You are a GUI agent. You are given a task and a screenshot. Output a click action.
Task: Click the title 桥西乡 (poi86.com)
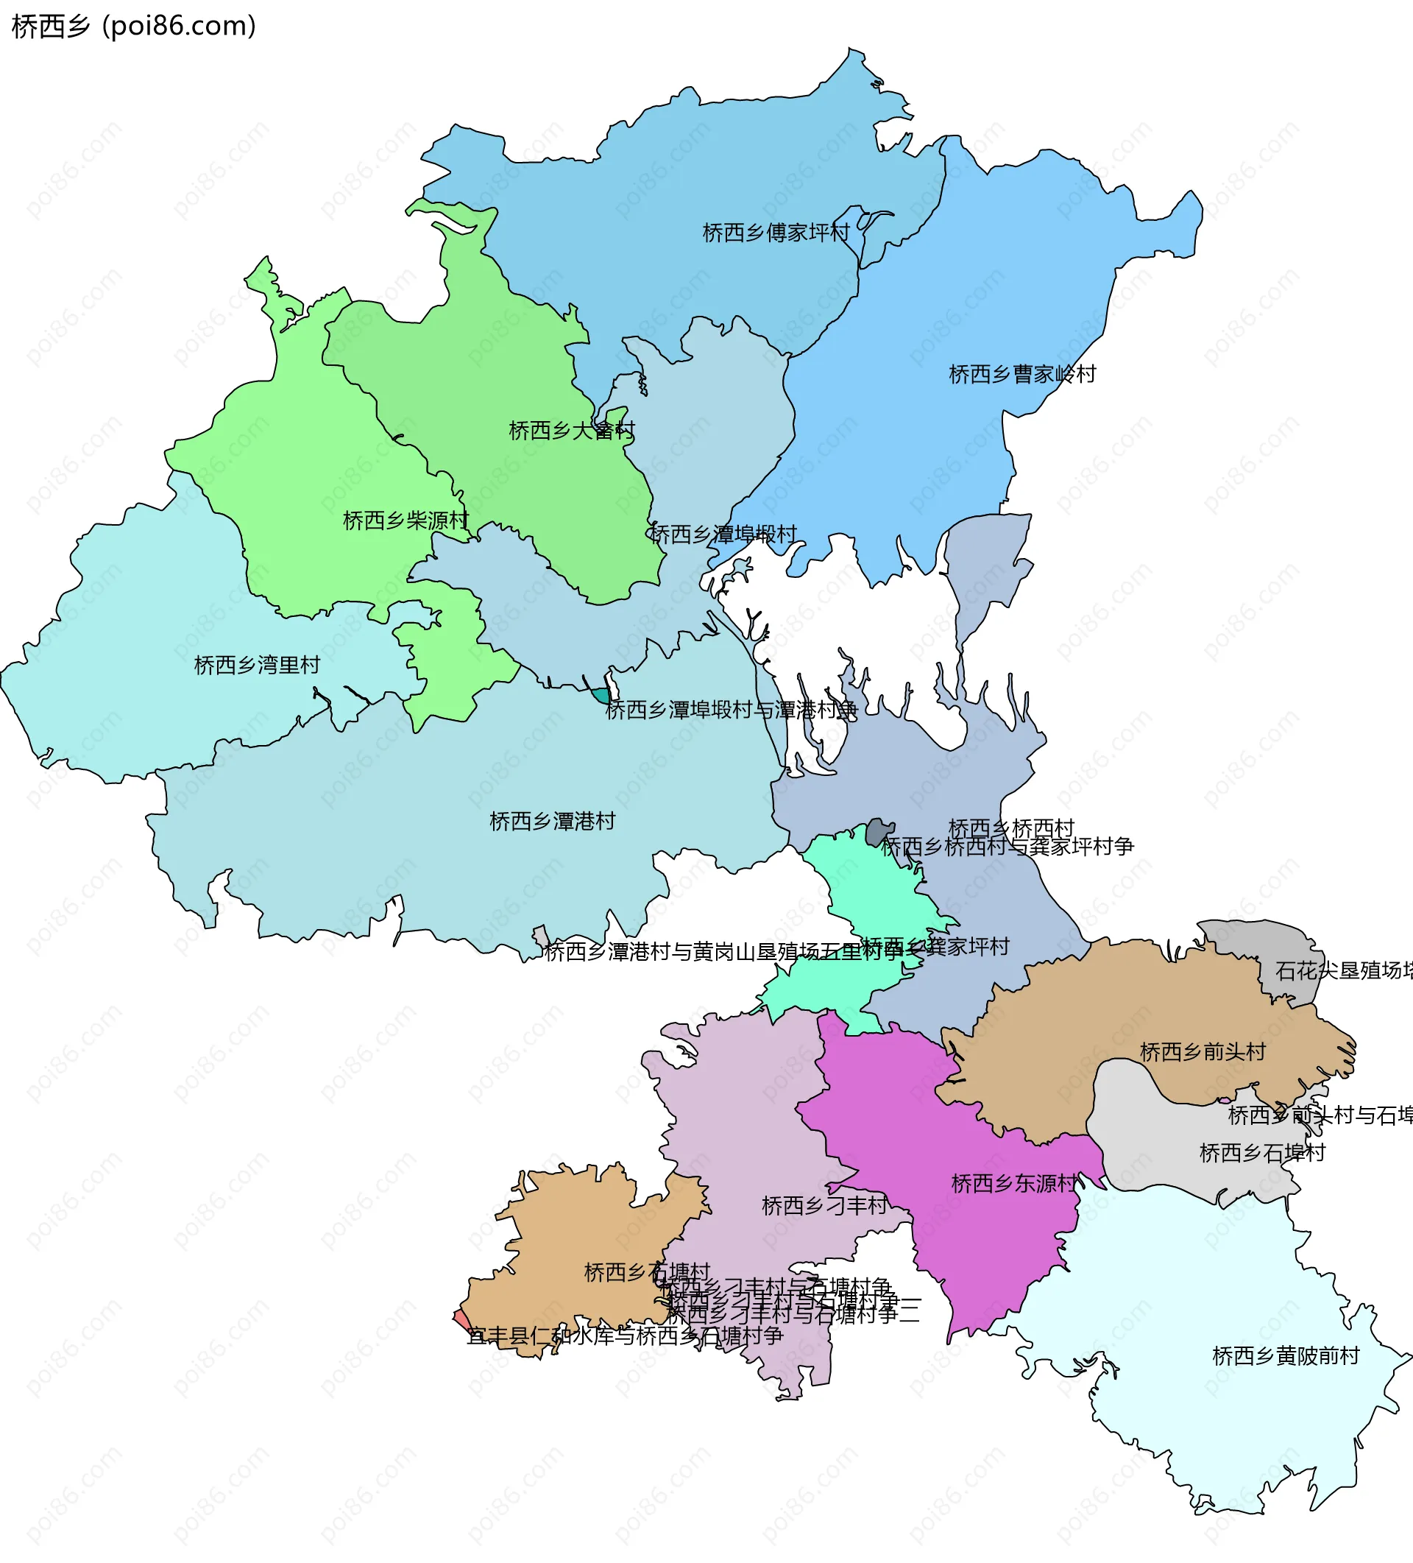click(133, 27)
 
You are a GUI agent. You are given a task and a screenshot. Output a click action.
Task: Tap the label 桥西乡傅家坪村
click(775, 233)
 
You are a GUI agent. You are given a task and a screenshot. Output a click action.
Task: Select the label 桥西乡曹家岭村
click(1021, 375)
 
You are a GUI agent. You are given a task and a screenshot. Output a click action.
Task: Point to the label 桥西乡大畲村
click(571, 430)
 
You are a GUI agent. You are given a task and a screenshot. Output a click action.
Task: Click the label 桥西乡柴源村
click(406, 521)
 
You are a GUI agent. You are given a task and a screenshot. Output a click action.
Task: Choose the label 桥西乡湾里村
click(257, 666)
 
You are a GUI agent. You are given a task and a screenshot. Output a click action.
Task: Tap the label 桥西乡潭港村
click(552, 821)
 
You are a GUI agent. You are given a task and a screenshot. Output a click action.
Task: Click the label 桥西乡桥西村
click(1010, 828)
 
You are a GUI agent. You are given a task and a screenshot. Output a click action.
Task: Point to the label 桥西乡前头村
click(1203, 1052)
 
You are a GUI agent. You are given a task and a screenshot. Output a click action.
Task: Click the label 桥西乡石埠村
click(1262, 1153)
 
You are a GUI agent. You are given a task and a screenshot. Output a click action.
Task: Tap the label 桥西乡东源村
click(1014, 1184)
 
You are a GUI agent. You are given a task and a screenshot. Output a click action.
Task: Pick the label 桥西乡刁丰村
click(825, 1206)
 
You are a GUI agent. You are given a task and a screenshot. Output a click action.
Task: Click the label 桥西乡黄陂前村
click(1285, 1356)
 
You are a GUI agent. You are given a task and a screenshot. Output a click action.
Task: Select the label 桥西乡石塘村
click(646, 1272)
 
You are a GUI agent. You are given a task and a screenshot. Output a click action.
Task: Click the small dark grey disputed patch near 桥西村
click(878, 831)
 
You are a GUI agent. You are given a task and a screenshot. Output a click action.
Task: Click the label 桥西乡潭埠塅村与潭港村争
click(731, 710)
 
